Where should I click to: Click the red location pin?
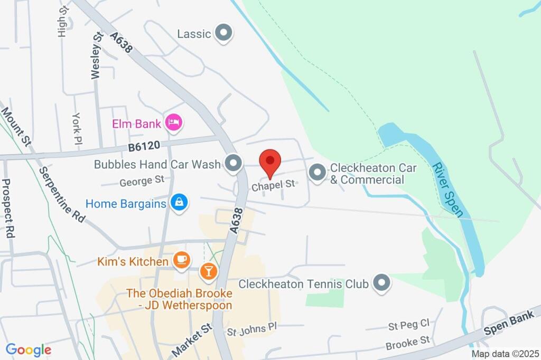270,161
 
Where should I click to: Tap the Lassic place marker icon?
225,33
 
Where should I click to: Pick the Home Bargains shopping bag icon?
180,203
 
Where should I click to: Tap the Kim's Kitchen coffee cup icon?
181,261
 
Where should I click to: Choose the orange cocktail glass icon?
208,272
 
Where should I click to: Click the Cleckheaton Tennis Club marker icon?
381,283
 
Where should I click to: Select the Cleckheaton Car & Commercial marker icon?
317,173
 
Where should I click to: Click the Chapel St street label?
273,185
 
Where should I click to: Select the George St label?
142,182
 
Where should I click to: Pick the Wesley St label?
96,55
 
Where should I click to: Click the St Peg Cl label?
408,325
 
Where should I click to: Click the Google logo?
29,349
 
